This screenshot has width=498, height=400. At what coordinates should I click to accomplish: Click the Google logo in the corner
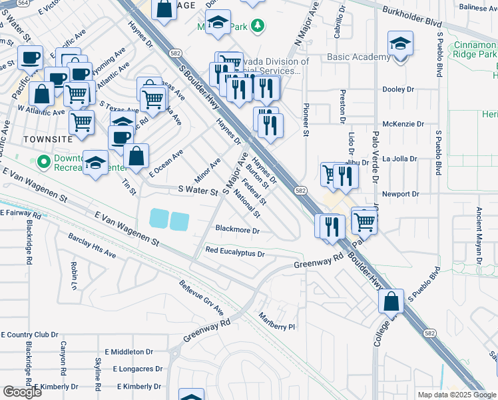click(x=22, y=392)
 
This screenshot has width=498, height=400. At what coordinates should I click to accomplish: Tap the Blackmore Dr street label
click(x=237, y=229)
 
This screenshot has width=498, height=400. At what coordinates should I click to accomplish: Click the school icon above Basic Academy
click(x=399, y=44)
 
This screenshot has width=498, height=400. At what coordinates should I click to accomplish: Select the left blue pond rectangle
click(x=160, y=218)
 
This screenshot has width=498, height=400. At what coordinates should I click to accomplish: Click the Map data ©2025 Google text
click(x=457, y=395)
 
